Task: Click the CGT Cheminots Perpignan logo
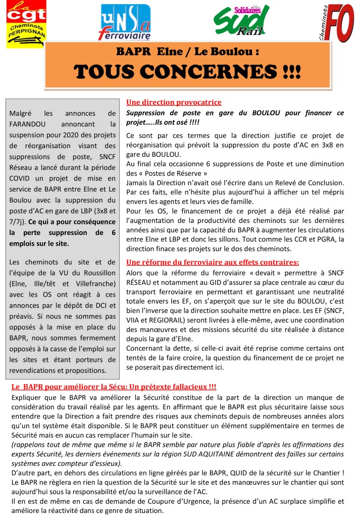[25, 25]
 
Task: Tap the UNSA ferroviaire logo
[125, 22]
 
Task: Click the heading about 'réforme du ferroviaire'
[212, 262]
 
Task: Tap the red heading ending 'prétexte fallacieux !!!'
[114, 387]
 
